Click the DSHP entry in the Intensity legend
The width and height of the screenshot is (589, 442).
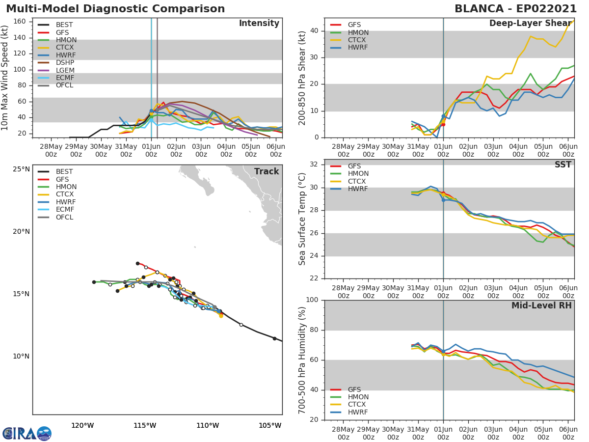coord(65,63)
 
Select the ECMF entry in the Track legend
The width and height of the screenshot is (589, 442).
coord(65,210)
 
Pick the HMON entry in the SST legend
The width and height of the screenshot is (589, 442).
coord(358,174)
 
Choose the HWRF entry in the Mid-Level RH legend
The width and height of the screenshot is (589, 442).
coord(358,412)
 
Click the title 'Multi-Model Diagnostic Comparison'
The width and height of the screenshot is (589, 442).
coord(115,9)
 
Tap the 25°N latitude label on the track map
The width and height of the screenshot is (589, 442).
coord(21,169)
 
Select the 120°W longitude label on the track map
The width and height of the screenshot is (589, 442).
coord(82,425)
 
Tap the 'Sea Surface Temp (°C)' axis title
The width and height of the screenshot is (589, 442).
coord(302,219)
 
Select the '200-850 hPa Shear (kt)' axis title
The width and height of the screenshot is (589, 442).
coord(302,78)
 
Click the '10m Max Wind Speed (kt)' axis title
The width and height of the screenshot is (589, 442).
coord(5,78)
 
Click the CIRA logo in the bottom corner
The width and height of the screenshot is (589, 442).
coord(27,434)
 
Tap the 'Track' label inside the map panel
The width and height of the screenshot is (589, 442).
coord(267,171)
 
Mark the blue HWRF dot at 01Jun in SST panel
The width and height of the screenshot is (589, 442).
coord(443,200)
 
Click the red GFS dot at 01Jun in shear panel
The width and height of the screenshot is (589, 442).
coord(443,124)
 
